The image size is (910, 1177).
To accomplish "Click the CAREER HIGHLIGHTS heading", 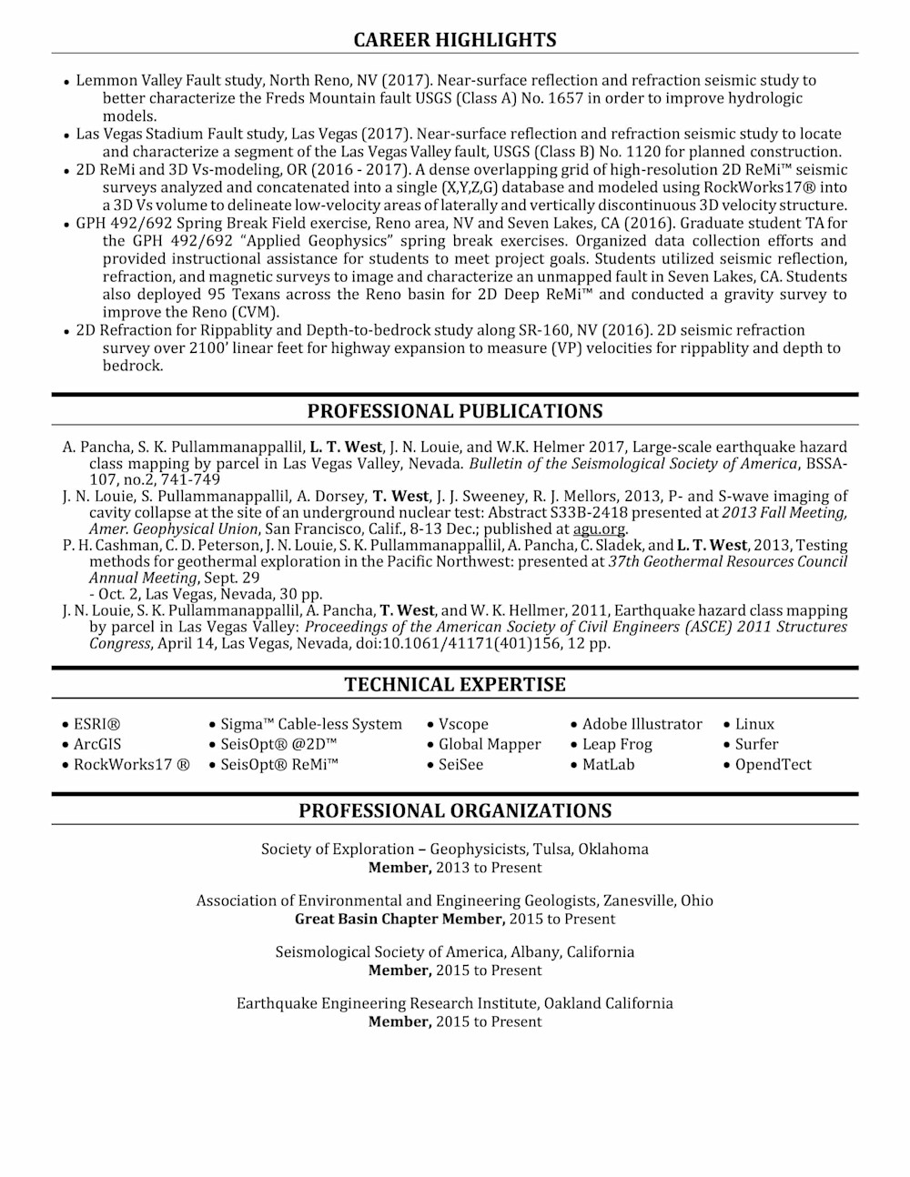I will (454, 40).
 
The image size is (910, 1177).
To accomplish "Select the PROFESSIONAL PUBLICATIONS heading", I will (454, 411).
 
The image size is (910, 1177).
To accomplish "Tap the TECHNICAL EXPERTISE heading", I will (454, 685).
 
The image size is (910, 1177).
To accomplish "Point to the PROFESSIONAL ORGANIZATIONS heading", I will (454, 810).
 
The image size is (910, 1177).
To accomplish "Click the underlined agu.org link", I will (599, 528).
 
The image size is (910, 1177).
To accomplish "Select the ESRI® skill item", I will (96, 724).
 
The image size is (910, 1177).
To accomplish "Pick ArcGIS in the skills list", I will (97, 744).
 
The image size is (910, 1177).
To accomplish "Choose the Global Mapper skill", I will (490, 744).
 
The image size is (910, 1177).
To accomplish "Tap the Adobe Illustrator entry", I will (642, 724).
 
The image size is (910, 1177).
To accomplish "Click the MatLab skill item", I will (608, 764).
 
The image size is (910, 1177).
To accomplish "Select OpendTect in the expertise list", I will (773, 764).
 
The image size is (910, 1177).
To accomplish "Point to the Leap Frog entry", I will (617, 744).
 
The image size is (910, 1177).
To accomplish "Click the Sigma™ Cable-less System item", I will (310, 724).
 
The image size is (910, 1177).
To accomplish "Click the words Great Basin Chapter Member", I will (399, 919).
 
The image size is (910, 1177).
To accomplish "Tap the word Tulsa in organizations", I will (552, 849).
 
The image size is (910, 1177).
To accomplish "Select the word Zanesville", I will (637, 900).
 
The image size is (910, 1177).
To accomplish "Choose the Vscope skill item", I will (463, 724).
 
